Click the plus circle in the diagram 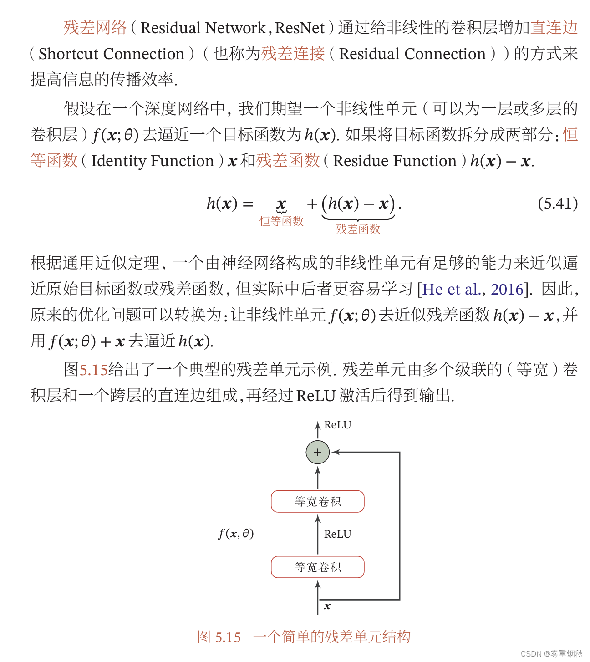pyautogui.click(x=317, y=452)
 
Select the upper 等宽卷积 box pyautogui.click(x=317, y=501)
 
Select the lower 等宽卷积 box pyautogui.click(x=317, y=567)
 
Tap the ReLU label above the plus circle pyautogui.click(x=337, y=425)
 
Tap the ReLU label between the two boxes pyautogui.click(x=337, y=534)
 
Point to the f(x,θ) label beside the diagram pyautogui.click(x=236, y=533)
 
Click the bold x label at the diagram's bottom pyautogui.click(x=327, y=606)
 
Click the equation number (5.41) pyautogui.click(x=557, y=203)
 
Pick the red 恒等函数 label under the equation pyautogui.click(x=281, y=221)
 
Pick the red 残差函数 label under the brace pyautogui.click(x=358, y=229)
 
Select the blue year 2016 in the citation pyautogui.click(x=507, y=289)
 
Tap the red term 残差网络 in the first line pyautogui.click(x=95, y=28)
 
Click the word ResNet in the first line pyautogui.click(x=300, y=28)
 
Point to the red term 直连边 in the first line pyautogui.click(x=554, y=28)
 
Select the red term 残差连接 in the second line pyautogui.click(x=293, y=54)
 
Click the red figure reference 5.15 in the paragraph pyautogui.click(x=93, y=369)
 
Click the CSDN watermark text pyautogui.click(x=551, y=654)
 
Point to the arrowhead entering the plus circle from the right pyautogui.click(x=336, y=452)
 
